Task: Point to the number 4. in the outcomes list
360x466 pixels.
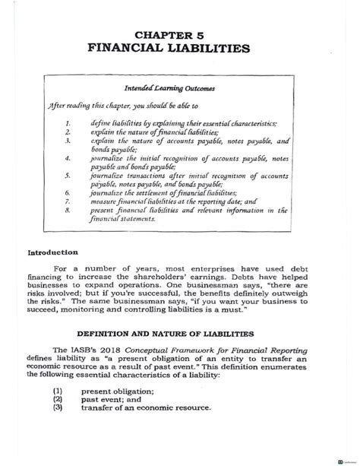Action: tap(68, 158)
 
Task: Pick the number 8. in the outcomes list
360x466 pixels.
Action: tap(68, 210)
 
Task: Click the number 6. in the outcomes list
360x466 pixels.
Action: tap(68, 193)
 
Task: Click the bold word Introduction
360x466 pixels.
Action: tap(52, 252)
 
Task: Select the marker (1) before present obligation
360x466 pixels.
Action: tap(57, 414)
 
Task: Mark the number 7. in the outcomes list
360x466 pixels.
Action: tap(68, 201)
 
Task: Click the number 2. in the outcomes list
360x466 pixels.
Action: tap(68, 132)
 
